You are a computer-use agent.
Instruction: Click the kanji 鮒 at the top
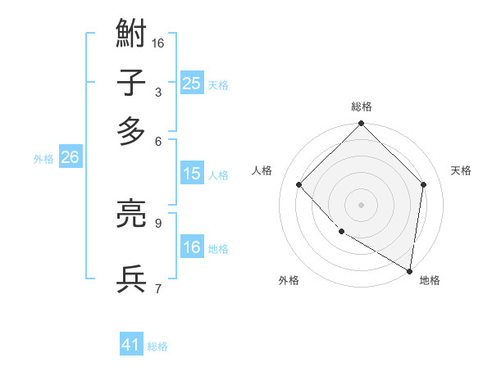(131, 36)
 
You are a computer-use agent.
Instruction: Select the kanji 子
(131, 84)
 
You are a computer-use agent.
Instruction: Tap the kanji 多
(131, 131)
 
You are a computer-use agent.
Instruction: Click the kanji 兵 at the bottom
(131, 279)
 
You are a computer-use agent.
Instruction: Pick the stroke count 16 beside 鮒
(158, 43)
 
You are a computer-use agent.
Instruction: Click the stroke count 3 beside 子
(157, 92)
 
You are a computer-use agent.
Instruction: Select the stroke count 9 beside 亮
(157, 222)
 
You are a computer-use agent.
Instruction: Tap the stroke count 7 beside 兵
(157, 288)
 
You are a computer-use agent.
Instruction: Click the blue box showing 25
(192, 84)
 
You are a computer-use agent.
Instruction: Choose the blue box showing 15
(192, 174)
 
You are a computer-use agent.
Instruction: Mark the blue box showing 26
(70, 157)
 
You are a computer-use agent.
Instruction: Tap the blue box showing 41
(131, 345)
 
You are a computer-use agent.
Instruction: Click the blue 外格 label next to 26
(43, 159)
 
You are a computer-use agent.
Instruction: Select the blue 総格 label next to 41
(157, 346)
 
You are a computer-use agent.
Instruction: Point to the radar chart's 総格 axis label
(361, 106)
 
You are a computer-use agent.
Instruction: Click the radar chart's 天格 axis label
(461, 170)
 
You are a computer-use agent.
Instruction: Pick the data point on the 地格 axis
(409, 270)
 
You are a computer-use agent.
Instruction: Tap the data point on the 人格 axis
(299, 184)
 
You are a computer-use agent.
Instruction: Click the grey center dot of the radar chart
(361, 205)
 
